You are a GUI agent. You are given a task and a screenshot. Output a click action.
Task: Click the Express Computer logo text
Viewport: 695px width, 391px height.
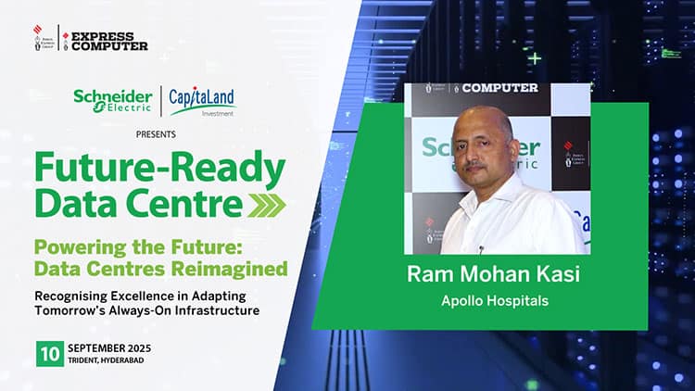(x=109, y=41)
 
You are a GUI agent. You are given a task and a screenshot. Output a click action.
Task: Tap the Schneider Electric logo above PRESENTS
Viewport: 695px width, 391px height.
(x=112, y=101)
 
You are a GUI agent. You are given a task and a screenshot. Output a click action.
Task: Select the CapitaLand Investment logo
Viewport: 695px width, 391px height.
(x=202, y=102)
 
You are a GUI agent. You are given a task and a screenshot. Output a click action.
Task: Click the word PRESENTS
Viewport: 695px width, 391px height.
(x=156, y=134)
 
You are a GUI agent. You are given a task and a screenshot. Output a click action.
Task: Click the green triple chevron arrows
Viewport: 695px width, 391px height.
(x=266, y=206)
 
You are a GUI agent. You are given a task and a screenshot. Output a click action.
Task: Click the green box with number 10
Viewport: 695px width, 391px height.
(x=50, y=354)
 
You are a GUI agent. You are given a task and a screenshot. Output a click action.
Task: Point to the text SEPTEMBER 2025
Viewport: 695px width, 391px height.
(x=109, y=348)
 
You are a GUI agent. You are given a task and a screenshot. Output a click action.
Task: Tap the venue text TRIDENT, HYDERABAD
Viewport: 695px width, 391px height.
(x=106, y=360)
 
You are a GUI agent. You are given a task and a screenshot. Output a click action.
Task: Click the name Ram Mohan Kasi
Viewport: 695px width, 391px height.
(x=493, y=274)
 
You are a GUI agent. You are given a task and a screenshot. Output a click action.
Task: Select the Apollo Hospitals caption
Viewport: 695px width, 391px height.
(x=495, y=301)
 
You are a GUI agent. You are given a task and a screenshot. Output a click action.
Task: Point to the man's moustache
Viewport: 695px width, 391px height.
(x=474, y=165)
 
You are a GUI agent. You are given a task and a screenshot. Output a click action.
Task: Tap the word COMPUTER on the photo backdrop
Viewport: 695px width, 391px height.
(x=500, y=88)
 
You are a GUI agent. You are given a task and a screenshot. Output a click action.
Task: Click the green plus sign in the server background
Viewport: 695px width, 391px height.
(x=535, y=58)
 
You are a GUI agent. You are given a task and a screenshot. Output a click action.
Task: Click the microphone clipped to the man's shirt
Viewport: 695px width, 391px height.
(x=481, y=249)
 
